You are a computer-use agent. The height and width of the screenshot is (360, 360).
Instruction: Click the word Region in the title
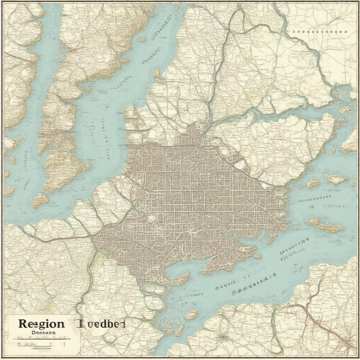41,323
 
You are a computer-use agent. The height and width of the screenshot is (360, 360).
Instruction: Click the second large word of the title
101,324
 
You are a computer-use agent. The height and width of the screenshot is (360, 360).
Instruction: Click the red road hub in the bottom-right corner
348,339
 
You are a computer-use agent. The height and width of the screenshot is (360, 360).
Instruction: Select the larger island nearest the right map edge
337,179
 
